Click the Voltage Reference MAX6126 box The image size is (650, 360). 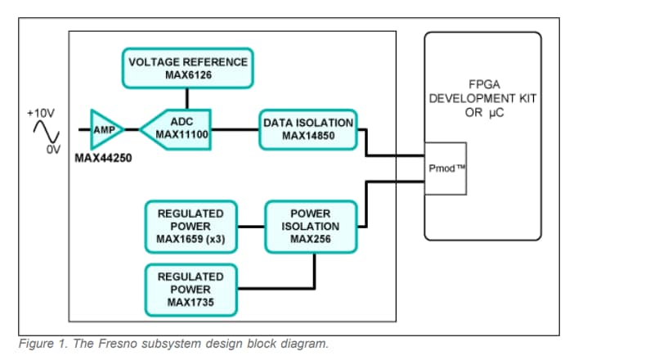click(x=188, y=68)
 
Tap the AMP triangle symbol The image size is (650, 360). click(x=104, y=129)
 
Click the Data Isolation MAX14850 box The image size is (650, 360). click(x=308, y=129)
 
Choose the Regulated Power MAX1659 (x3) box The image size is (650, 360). click(x=191, y=226)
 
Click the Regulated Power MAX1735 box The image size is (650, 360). click(x=191, y=290)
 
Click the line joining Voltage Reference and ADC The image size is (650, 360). click(x=187, y=98)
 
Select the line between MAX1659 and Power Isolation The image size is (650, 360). click(x=250, y=226)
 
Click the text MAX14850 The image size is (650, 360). click(x=308, y=136)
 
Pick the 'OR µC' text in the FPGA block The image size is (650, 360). click(x=482, y=113)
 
